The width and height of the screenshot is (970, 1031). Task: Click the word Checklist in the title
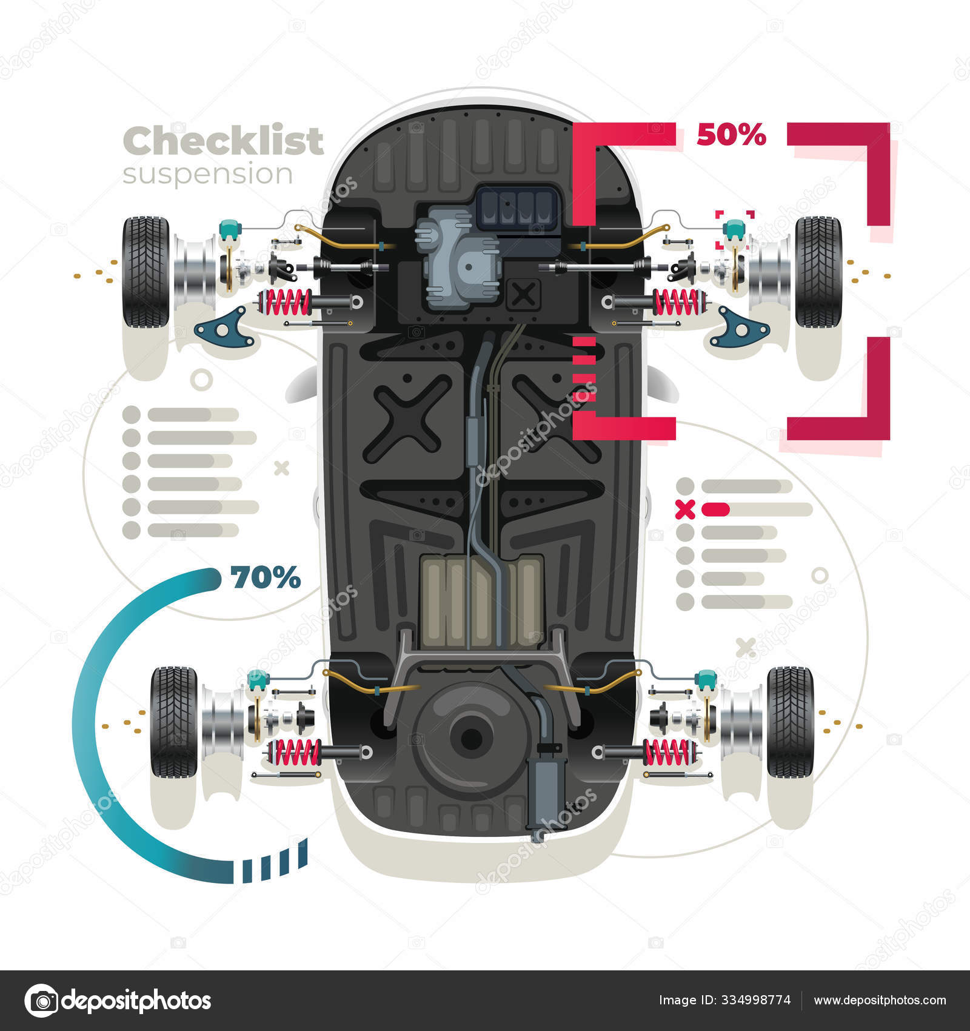click(223, 141)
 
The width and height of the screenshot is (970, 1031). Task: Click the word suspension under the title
click(208, 175)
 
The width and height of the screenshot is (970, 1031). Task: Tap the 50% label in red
click(731, 135)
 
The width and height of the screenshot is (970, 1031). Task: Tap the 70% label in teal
click(266, 577)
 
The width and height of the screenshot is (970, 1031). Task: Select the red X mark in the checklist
click(685, 509)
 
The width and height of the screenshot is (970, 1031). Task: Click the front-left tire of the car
click(146, 272)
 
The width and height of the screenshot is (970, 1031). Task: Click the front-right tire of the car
click(818, 272)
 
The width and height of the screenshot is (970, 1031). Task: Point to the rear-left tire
click(174, 722)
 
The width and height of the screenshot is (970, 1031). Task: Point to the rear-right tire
click(791, 722)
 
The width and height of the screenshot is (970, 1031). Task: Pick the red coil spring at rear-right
click(668, 752)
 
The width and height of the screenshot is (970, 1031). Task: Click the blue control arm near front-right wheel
click(739, 328)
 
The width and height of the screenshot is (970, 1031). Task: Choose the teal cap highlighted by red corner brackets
click(734, 228)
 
